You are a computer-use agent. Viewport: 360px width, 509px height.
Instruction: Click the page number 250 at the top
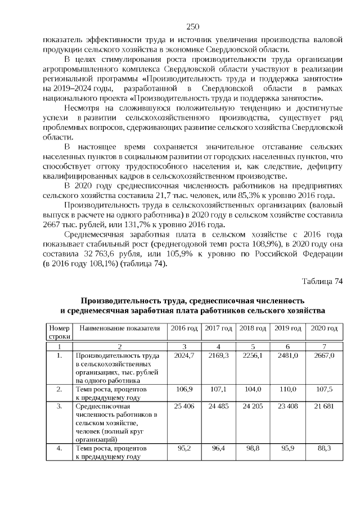(x=192, y=26)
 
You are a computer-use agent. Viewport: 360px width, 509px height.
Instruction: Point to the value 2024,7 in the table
(x=184, y=355)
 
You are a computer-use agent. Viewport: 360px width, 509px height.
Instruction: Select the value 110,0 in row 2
(x=287, y=389)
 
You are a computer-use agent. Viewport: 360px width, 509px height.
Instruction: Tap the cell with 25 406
(x=184, y=406)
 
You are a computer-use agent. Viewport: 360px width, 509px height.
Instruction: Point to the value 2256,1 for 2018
(x=253, y=355)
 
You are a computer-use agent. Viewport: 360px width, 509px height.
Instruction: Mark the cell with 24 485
(x=218, y=406)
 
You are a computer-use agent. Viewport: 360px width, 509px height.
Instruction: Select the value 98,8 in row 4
(x=253, y=448)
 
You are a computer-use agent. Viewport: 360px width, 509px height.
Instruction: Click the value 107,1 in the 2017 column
(x=218, y=389)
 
